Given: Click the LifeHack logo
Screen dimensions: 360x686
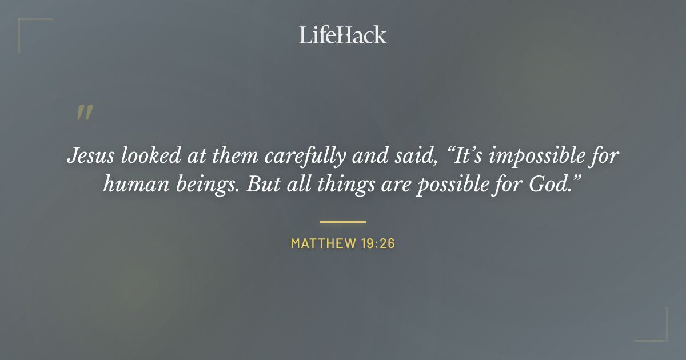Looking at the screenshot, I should click(x=342, y=35).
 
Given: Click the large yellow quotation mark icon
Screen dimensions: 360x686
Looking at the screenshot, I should click(x=84, y=113).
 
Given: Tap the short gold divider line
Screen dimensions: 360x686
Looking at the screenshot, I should click(x=342, y=221).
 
